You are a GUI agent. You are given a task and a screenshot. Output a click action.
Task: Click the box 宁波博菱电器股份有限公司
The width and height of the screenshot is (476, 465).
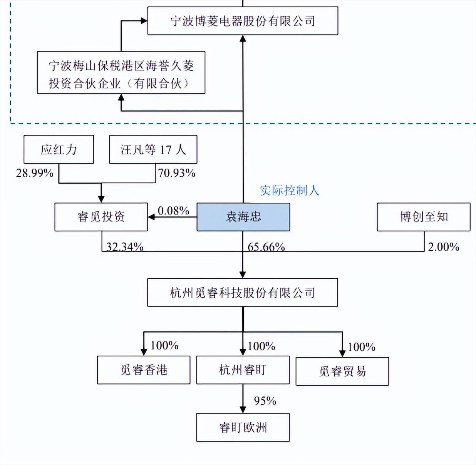coord(243,21)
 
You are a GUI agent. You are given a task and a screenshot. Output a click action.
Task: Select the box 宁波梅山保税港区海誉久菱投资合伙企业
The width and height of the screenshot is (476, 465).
coord(121,73)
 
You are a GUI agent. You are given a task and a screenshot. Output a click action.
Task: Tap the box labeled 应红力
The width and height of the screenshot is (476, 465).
coord(59,149)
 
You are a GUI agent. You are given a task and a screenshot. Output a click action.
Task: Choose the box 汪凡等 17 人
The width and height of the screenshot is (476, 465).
coord(153,149)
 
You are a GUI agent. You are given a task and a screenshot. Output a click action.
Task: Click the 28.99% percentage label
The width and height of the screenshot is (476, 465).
coord(35,173)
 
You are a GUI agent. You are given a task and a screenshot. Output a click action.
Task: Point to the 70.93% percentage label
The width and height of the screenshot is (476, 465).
coord(176,173)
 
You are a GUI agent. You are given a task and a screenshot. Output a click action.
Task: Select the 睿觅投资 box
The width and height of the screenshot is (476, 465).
coord(101,217)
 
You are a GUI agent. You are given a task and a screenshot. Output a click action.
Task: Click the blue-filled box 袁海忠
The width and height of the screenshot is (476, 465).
coord(243,217)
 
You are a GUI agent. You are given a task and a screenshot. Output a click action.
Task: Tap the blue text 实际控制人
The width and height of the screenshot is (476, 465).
coord(289,191)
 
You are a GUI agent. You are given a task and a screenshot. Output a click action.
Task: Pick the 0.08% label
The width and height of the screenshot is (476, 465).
coord(173,211)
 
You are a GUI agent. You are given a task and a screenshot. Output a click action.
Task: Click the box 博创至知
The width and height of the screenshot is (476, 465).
coord(424,217)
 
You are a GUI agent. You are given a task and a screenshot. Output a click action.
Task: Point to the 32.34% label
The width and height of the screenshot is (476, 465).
coord(125,247)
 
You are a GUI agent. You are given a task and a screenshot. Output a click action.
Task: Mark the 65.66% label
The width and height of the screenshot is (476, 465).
coord(266,247)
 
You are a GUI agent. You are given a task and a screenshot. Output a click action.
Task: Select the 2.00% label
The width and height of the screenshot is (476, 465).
coord(444,247)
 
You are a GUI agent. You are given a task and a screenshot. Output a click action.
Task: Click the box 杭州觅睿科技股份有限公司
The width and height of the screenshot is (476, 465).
coord(243,293)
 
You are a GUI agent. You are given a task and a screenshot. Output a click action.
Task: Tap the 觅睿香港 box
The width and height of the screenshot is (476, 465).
coord(144,370)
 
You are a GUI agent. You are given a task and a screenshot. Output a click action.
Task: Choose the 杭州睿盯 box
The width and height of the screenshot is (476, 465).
coord(243,370)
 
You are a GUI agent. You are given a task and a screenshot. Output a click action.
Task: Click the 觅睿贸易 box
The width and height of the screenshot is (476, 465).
coord(342,371)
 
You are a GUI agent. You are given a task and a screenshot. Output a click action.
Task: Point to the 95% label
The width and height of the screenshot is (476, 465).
coord(265,401)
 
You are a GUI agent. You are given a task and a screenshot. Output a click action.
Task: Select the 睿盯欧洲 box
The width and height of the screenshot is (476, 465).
coord(243,427)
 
